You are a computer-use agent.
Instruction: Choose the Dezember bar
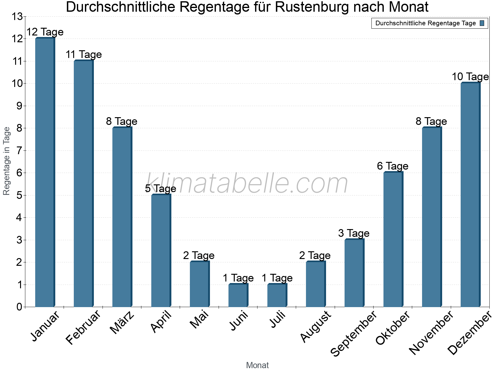tap(471, 195)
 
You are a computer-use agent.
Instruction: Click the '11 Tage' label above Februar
tap(84, 55)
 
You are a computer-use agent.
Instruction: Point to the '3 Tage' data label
tap(354, 233)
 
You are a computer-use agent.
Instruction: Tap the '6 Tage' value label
tap(393, 166)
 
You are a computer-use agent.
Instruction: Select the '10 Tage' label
tap(470, 77)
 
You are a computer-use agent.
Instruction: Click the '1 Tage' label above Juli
tap(277, 278)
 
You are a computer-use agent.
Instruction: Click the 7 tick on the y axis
tap(19, 151)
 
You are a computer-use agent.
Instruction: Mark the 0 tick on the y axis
tap(19, 307)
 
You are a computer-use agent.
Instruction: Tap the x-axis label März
tap(122, 323)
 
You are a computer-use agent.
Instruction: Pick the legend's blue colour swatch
tap(482, 23)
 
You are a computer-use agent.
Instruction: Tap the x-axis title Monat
tap(257, 365)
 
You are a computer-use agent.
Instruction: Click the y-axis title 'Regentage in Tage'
tap(6, 161)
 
